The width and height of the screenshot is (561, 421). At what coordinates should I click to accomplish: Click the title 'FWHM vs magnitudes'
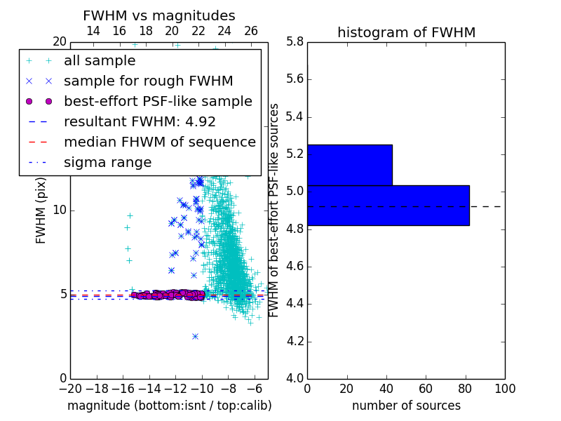[x=159, y=15]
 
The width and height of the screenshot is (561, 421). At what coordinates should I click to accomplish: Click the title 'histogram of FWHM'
[x=407, y=32]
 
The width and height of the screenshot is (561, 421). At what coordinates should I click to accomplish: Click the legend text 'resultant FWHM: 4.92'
[x=140, y=121]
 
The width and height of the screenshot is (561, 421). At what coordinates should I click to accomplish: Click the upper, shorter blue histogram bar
[x=350, y=165]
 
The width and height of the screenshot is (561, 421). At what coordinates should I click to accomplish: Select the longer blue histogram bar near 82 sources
[x=388, y=206]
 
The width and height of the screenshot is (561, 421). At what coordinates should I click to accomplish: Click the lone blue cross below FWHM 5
[x=195, y=337]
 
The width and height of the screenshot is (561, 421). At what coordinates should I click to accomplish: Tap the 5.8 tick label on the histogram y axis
[x=295, y=41]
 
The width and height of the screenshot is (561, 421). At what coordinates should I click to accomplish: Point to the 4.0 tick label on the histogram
[x=295, y=378]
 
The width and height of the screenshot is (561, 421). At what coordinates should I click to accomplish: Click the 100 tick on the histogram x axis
[x=505, y=389]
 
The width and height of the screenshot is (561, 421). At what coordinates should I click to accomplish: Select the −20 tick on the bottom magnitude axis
[x=71, y=389]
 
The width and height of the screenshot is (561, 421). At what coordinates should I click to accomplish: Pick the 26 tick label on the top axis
[x=251, y=31]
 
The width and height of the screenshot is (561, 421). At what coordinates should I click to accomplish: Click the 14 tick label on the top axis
[x=93, y=31]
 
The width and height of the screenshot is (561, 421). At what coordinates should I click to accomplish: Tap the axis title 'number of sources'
[x=407, y=406]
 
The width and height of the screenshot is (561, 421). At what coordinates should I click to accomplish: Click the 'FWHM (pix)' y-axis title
[x=41, y=210]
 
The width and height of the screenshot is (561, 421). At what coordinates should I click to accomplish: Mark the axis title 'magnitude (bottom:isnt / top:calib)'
[x=170, y=406]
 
